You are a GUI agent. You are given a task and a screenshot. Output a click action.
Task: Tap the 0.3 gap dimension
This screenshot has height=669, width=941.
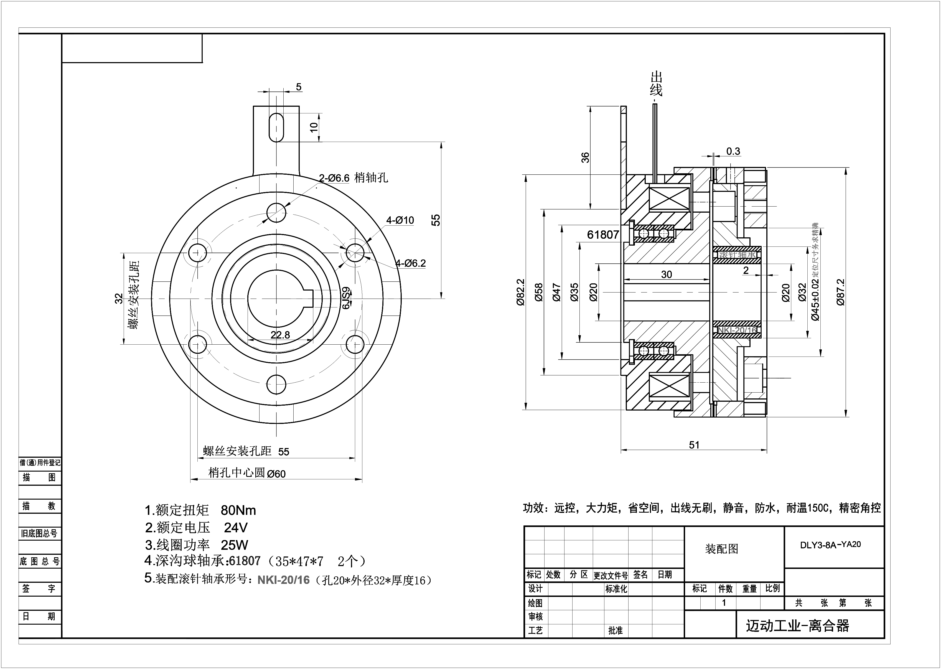pyautogui.click(x=733, y=152)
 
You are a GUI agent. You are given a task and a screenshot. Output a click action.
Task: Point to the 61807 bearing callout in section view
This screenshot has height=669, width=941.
pyautogui.click(x=603, y=235)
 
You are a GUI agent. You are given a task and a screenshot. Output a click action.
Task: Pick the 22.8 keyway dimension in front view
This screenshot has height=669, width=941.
pyautogui.click(x=280, y=335)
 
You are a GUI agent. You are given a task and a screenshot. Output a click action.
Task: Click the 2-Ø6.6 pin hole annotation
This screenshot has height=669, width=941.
pyautogui.click(x=334, y=178)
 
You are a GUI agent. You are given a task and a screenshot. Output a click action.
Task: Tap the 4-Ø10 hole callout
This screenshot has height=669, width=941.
pyautogui.click(x=400, y=220)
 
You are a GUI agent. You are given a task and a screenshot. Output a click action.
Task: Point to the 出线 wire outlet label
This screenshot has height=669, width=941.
pyautogui.click(x=656, y=84)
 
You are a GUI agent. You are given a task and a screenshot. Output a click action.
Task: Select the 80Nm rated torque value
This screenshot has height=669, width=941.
pyautogui.click(x=238, y=510)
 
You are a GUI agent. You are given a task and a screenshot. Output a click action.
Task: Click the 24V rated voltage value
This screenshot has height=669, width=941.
pyautogui.click(x=236, y=528)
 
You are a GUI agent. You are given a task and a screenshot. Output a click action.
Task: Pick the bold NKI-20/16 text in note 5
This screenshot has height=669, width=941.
pyautogui.click(x=283, y=580)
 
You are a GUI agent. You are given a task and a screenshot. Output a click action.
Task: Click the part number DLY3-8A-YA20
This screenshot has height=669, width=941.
pyautogui.click(x=830, y=545)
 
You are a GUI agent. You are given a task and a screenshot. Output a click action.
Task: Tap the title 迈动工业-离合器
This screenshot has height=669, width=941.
pyautogui.click(x=797, y=626)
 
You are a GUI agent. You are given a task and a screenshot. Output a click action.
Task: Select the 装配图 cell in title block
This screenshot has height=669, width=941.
pyautogui.click(x=721, y=549)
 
